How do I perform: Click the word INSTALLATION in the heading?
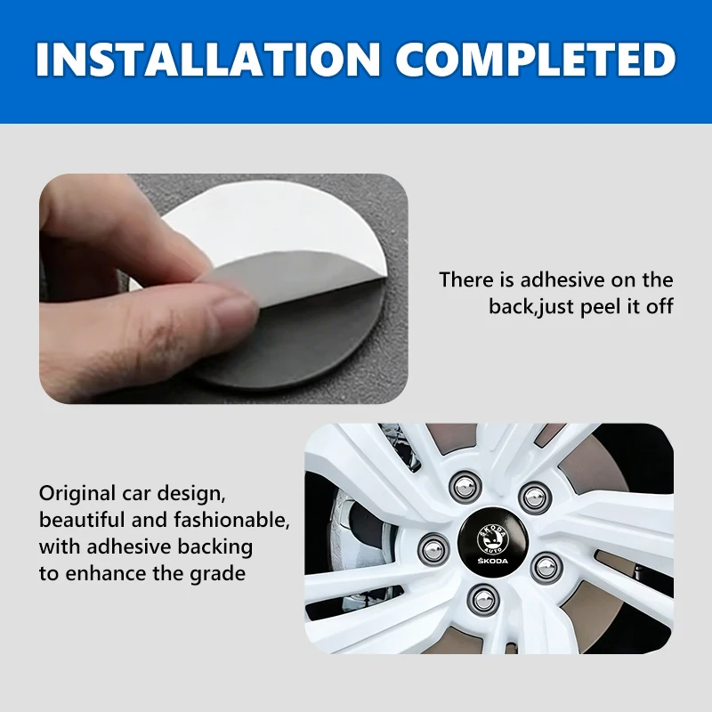(208, 59)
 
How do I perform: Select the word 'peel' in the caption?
(601, 307)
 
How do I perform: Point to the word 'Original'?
(77, 494)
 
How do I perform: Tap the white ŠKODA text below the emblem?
(493, 561)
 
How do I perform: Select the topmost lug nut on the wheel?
(465, 487)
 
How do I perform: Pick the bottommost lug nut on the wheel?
(484, 601)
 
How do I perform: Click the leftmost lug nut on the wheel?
(433, 549)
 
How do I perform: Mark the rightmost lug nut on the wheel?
(546, 568)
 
